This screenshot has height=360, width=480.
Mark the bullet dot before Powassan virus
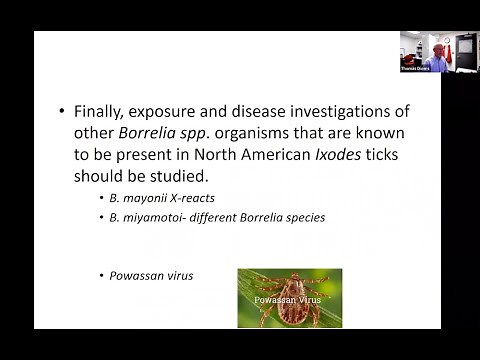[x=102, y=275]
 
